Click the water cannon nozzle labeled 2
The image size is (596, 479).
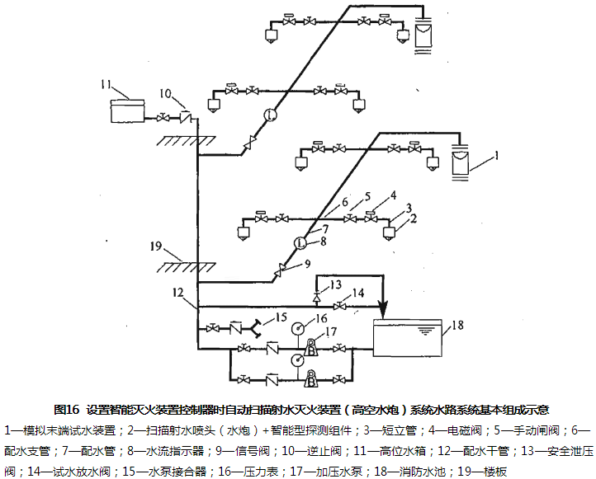pos(389,231)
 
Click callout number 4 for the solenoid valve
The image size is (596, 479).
pos(394,195)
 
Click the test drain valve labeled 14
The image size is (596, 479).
pos(339,307)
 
